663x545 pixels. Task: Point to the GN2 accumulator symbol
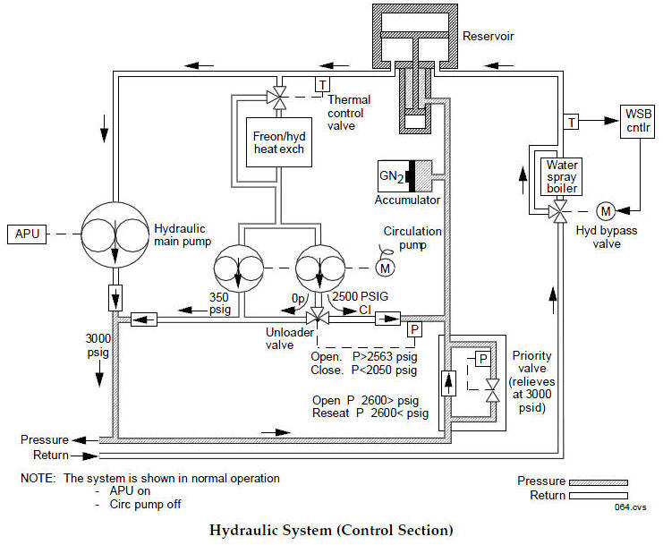(404, 174)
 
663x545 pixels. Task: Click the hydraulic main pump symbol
(115, 234)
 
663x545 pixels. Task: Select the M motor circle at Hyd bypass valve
(606, 211)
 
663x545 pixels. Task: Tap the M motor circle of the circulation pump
(386, 268)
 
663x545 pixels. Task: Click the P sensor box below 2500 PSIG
(414, 329)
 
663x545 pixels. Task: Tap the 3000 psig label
(96, 344)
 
